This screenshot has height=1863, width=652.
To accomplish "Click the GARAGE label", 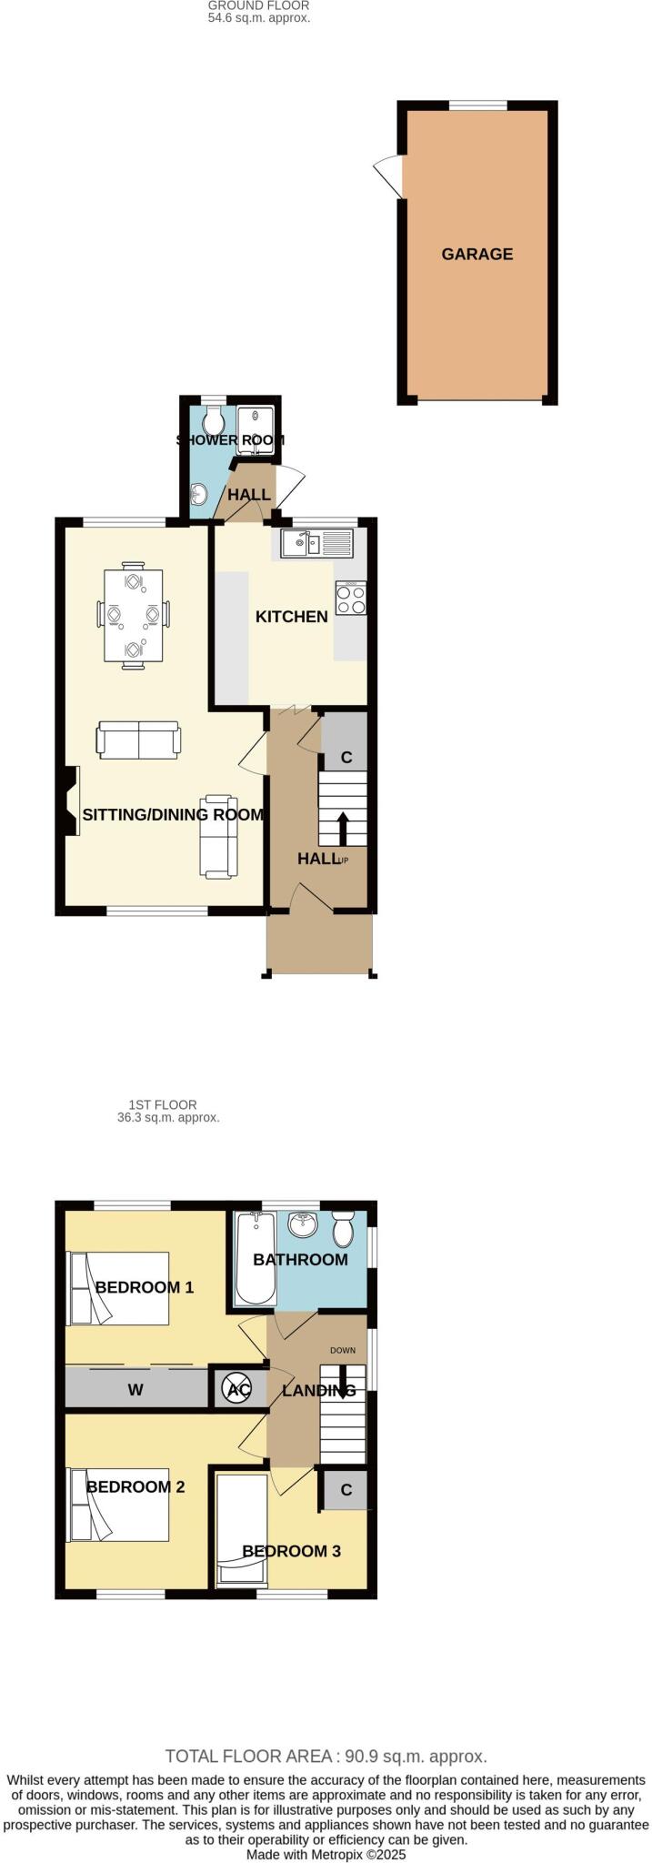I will [x=476, y=254].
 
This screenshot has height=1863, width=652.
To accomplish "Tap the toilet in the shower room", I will [x=214, y=420].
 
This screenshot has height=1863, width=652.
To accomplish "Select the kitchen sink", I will [x=301, y=545].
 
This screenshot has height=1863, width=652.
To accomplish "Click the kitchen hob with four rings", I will [x=350, y=597].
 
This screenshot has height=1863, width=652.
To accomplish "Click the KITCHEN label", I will [x=291, y=617].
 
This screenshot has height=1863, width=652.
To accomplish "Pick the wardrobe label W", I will [x=135, y=1390].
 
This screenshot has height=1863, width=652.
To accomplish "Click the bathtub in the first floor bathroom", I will [x=249, y=1260].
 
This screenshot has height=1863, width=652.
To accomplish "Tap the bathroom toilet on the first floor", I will [x=343, y=1229].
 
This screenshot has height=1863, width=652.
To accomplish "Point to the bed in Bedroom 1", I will [x=117, y=1288].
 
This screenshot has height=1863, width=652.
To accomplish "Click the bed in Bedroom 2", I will [x=117, y=1505].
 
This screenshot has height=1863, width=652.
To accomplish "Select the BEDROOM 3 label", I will [x=291, y=1551].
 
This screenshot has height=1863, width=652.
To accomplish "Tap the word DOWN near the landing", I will [x=343, y=1350].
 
